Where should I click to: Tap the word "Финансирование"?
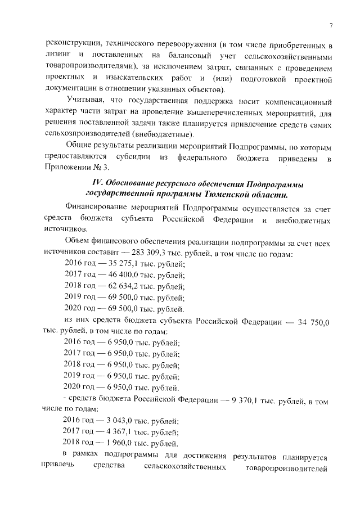coord(101,209)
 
